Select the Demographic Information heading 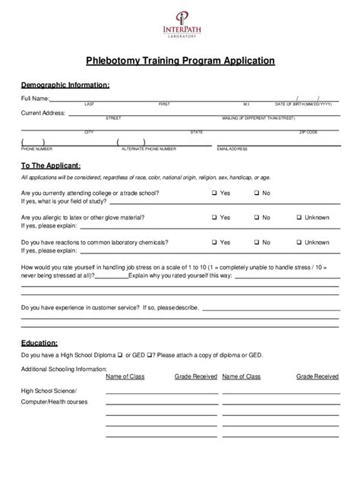[x=65, y=85]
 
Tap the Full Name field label [x=36, y=99]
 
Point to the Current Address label [x=43, y=113]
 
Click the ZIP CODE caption [x=308, y=132]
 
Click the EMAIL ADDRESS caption [x=232, y=149]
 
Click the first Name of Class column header [x=125, y=376]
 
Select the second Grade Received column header [x=317, y=376]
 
